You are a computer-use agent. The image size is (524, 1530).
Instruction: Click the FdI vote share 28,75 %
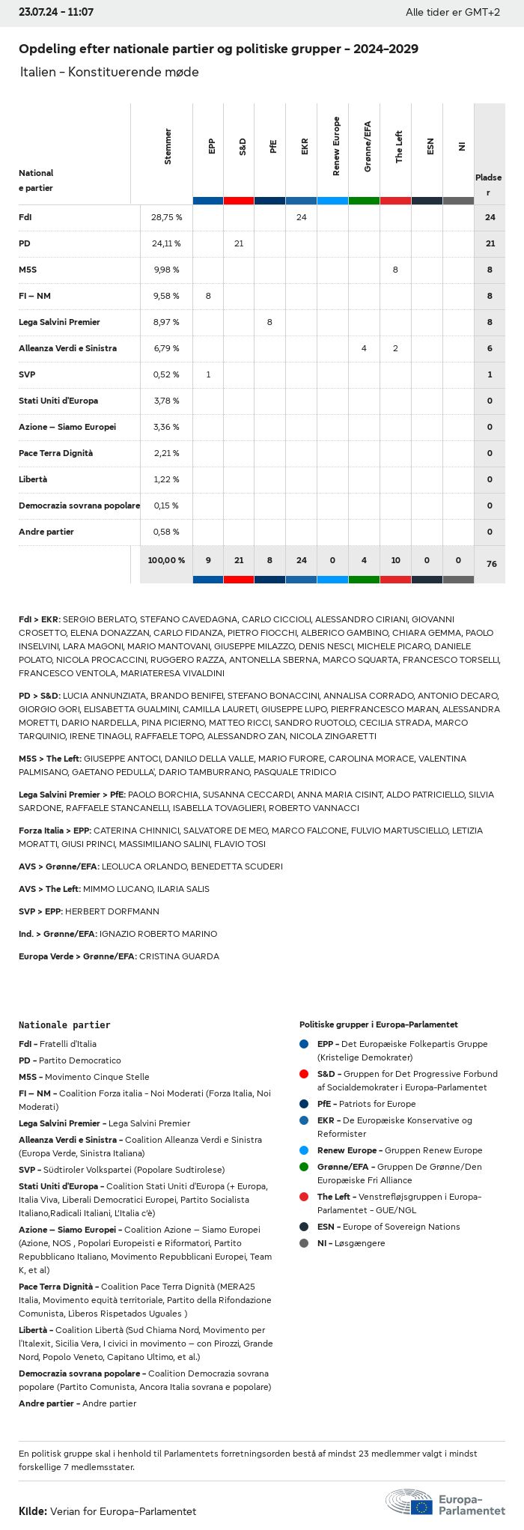click(166, 217)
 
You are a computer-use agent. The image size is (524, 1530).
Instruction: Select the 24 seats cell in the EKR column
click(301, 217)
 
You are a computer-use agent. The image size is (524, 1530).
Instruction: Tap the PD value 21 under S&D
click(239, 243)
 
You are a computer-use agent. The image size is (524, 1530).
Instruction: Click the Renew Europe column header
click(336, 147)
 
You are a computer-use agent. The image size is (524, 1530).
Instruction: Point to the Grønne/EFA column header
click(368, 147)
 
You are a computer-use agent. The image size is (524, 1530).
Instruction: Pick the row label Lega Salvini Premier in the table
click(59, 322)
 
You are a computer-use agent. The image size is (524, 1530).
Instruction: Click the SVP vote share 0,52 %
click(166, 374)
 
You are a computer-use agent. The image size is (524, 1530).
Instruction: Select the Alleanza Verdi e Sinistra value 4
click(364, 348)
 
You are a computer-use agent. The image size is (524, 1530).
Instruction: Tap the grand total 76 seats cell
click(491, 564)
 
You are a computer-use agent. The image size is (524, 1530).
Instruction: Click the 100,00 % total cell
click(166, 560)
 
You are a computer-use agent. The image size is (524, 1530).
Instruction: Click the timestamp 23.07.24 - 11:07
click(56, 13)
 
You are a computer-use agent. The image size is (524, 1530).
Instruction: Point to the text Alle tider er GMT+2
click(452, 13)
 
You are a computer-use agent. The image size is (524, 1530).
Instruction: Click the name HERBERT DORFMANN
click(112, 911)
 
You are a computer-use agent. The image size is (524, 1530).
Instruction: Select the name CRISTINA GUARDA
click(179, 956)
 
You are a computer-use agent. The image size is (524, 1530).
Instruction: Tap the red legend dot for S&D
click(304, 1074)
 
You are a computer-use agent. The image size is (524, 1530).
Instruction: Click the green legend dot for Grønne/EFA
click(304, 1167)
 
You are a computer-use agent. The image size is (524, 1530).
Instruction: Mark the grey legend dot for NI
click(304, 1243)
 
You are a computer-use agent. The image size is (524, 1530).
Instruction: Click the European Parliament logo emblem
click(409, 1502)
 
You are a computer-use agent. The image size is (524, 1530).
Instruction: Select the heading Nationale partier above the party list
click(64, 1024)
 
